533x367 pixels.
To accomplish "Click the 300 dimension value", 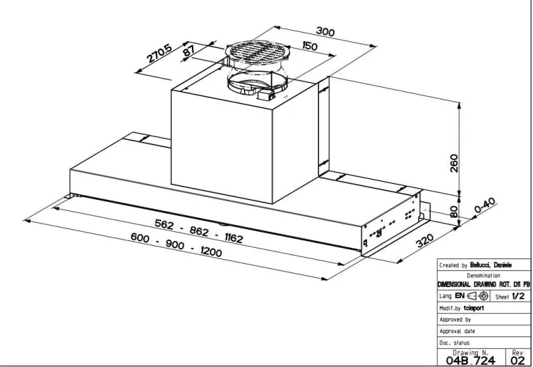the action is pos(325,31).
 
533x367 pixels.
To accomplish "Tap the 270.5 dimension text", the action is pos(159,54).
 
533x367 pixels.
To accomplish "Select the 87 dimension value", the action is pos(189,51).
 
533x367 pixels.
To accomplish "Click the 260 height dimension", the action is pos(454,163).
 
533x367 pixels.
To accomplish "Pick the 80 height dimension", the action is pos(454,211).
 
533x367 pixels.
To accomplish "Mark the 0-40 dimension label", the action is pos(484,205).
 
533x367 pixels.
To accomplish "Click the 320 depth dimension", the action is pos(425,240).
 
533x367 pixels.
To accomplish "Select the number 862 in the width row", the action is pos(199,231).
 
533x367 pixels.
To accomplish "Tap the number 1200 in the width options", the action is pos(211,251).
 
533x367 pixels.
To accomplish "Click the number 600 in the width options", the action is pos(140,238).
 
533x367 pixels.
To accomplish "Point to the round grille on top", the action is pos(257,53).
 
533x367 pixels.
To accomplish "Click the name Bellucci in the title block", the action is pos(480,265).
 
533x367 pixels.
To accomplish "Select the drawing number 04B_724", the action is pos(470,360).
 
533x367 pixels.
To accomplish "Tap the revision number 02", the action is pos(518,360).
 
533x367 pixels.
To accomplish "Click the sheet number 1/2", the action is pos(518,296).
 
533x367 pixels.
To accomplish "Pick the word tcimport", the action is pos(474,308).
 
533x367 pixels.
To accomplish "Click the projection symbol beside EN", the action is pos(478,296).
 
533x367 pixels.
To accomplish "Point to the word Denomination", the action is pos(483,276).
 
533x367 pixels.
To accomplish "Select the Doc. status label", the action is pos(454,343).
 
